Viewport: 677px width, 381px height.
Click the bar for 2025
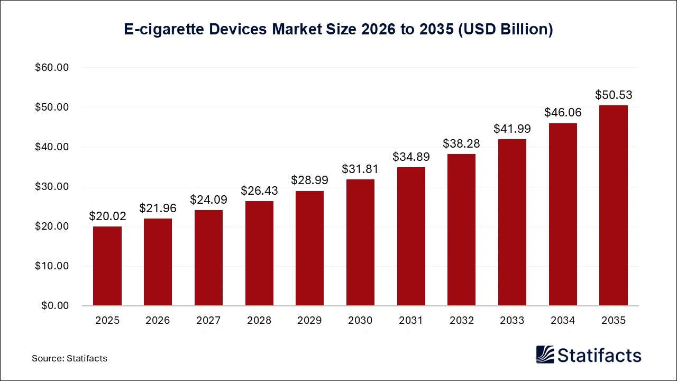click(107, 266)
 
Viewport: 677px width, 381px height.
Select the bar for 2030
click(360, 242)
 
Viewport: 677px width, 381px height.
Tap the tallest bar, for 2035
click(613, 205)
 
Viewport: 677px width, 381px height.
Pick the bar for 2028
click(259, 253)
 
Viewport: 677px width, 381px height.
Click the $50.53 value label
click(614, 95)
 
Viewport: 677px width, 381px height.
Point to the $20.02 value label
click(107, 216)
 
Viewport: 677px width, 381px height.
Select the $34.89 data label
click(411, 157)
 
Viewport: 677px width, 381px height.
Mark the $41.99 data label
click(512, 129)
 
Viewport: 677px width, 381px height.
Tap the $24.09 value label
click(208, 200)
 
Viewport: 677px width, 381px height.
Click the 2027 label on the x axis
click(208, 321)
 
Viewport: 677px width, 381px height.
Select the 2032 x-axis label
click(461, 321)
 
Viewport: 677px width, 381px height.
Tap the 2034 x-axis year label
click(563, 321)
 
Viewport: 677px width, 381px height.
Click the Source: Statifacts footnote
click(69, 358)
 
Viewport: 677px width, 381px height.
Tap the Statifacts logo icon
click(545, 355)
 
